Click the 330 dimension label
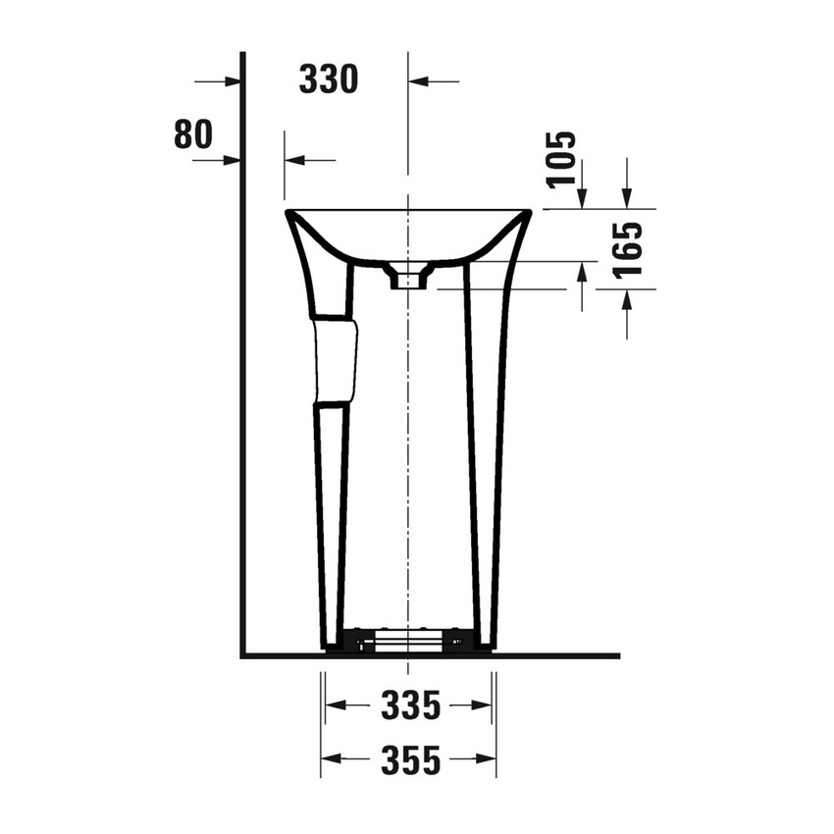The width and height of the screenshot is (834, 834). [328, 80]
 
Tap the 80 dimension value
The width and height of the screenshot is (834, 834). [192, 134]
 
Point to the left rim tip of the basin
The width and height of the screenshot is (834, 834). [288, 212]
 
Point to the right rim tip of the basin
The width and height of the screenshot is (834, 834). [528, 212]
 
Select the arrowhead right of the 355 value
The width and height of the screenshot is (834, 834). [486, 759]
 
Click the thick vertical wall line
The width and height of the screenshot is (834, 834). [241, 392]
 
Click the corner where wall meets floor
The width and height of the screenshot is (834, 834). [242, 655]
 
